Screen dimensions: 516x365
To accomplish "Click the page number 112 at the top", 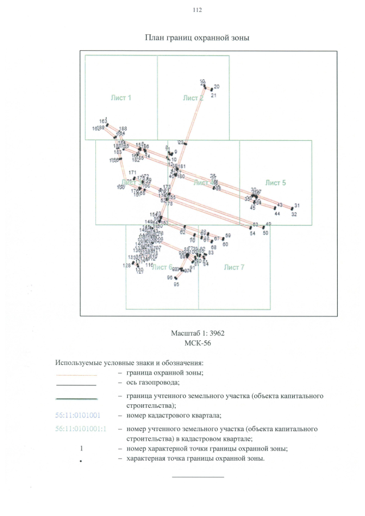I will [x=198, y=10].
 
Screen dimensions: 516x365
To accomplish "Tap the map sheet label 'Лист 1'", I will [x=121, y=97].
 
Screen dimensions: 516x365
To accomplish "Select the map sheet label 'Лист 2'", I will [x=193, y=98].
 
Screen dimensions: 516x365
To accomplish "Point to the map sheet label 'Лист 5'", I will [x=275, y=182].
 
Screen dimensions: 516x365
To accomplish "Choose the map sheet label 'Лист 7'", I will [x=234, y=267].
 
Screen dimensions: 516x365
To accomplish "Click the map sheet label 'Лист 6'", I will [x=162, y=267].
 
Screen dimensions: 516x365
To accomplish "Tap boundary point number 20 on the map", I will [x=217, y=87].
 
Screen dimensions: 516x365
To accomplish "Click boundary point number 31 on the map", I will [x=297, y=205].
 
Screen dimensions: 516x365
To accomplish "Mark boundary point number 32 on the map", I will [x=294, y=214].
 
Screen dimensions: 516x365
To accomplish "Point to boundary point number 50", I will [x=265, y=233].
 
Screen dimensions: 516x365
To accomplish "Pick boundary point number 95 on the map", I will [x=177, y=283].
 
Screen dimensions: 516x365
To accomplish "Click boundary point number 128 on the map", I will [x=127, y=266].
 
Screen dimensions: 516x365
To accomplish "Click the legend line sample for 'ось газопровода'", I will [x=76, y=385].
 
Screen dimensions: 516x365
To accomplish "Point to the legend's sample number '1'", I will [x=83, y=449].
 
